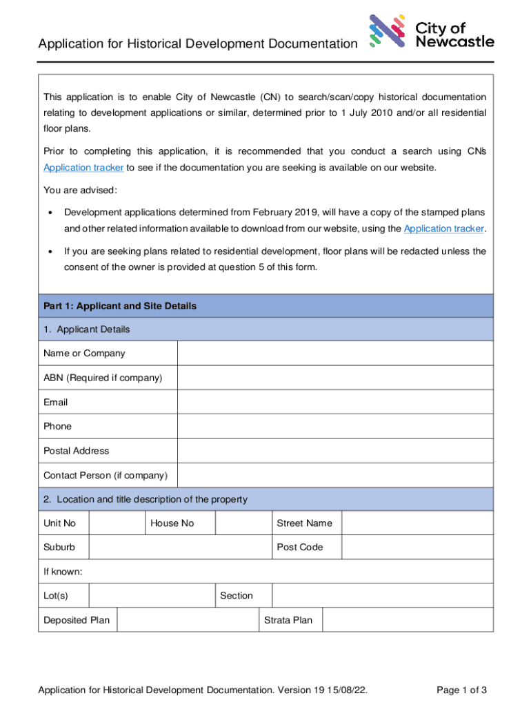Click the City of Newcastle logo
pos(432,32)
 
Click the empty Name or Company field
pos(335,353)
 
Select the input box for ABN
pos(335,378)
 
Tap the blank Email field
pos(335,402)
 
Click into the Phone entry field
pos(335,426)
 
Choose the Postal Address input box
pos(335,451)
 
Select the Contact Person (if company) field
pos(335,475)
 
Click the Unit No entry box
pos(117,523)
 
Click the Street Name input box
pos(417,523)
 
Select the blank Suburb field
pos(180,548)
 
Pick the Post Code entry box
pos(417,548)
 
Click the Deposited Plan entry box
pos(187,620)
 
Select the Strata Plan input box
pos(408,620)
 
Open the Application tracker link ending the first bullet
pos(444,229)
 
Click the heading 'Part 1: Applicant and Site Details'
pos(120,306)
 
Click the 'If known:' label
pos(63,572)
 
